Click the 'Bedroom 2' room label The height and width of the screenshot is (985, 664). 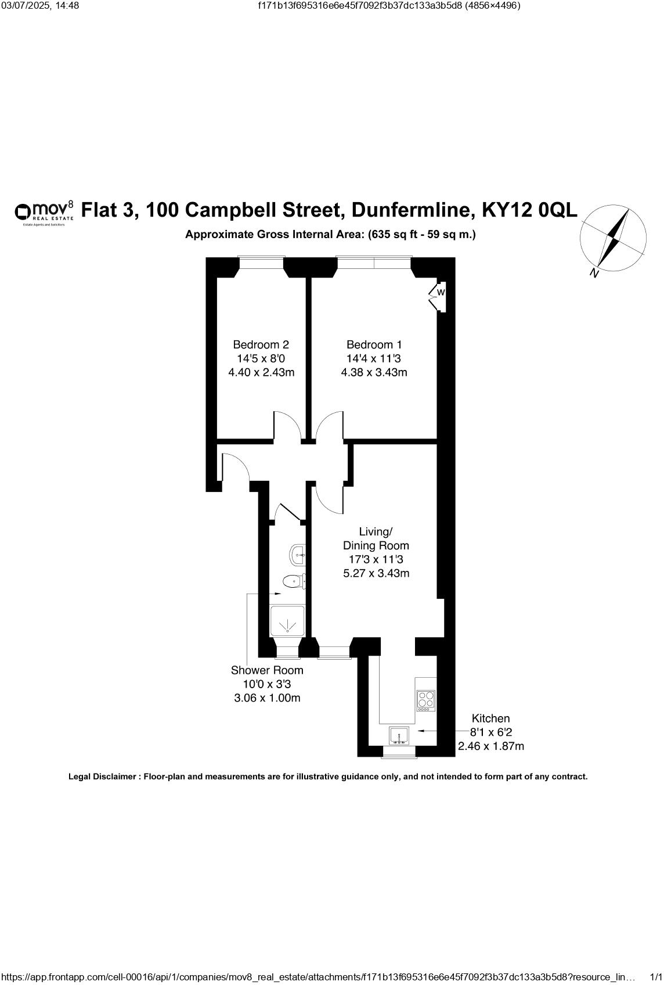coord(261,345)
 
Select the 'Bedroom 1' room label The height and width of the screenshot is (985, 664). coord(374,345)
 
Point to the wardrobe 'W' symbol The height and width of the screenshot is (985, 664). coord(441,292)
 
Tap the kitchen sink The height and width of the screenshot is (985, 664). coord(399,736)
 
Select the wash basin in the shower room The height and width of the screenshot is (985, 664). coord(298,555)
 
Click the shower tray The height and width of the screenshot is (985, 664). coord(287,620)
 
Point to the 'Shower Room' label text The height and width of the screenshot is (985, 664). coord(267,671)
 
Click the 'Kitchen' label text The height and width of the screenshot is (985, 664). coord(491,718)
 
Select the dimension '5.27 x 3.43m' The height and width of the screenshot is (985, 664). coord(376,573)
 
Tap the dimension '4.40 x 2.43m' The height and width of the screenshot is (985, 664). coord(261,372)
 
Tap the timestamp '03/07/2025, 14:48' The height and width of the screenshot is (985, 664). coord(40,6)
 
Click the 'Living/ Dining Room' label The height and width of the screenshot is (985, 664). coord(376,539)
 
